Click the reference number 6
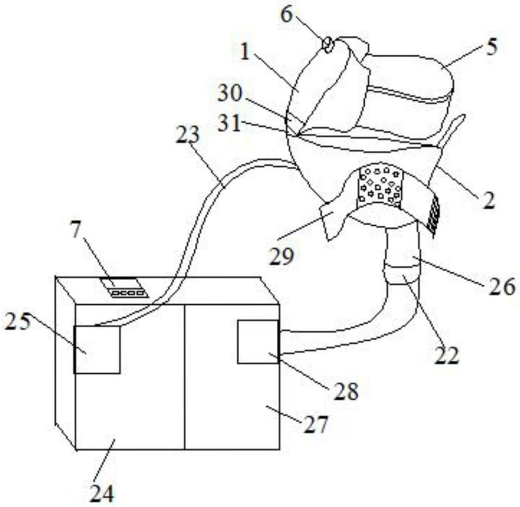coord(287,15)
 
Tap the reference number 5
coord(492,46)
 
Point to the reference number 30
coord(230,94)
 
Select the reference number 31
coord(229,123)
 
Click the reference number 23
coord(188,135)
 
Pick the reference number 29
coord(282,256)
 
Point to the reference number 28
coord(346,391)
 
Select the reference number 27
coord(316,424)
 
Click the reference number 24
coord(102,494)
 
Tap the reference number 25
coord(18,321)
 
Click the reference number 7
coord(75,229)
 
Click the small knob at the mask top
coord(329,44)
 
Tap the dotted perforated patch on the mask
coord(380,185)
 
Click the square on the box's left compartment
coord(97,350)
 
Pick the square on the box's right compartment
coord(258,341)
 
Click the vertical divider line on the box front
coord(185,377)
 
